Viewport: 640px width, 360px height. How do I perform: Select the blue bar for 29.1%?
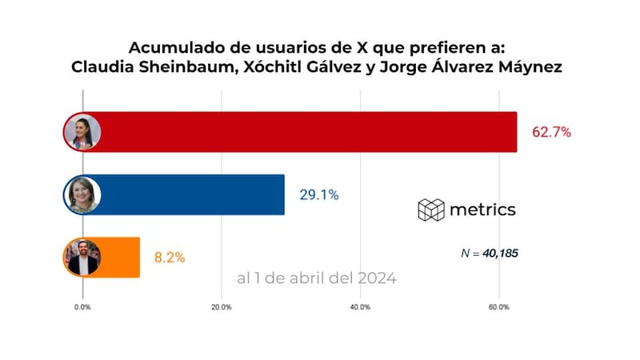192,194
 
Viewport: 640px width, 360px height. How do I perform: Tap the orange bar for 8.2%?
120,257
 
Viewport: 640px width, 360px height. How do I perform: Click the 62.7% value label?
551,132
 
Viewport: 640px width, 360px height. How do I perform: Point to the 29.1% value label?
319,194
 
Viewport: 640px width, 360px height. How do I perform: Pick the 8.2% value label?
169,258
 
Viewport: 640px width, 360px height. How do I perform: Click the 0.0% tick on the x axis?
82,307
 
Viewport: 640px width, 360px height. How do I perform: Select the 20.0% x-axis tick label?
221,307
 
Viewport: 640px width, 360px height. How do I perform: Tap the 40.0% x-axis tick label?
360,307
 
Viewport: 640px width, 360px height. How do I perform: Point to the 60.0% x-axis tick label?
498,307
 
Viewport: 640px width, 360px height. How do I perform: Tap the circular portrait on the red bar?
82,131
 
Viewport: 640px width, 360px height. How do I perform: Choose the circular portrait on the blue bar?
82,194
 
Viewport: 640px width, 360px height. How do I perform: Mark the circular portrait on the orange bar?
82,257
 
